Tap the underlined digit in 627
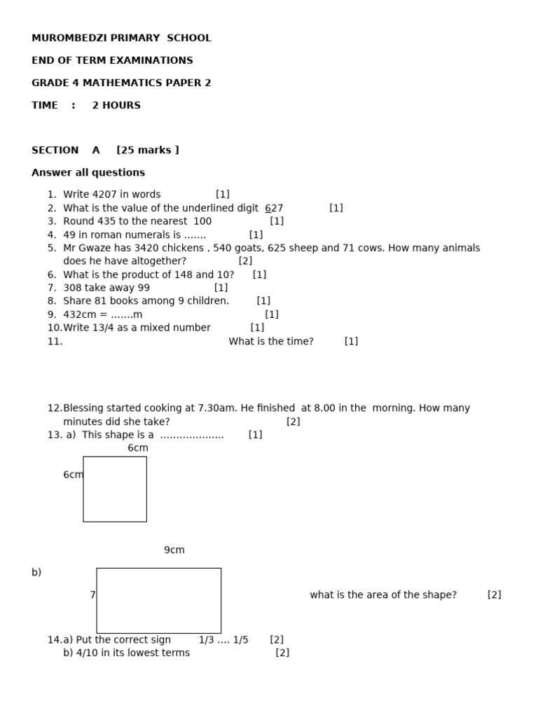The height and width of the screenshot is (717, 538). pos(268,208)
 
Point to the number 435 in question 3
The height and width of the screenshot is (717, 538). pos(106,221)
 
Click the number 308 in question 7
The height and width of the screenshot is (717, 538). pos(73,288)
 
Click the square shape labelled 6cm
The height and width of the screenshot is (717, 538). pos(115,489)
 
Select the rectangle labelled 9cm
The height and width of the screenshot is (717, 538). pos(158,600)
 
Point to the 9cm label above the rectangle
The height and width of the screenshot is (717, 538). pos(174,550)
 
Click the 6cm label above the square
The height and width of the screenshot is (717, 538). pos(138,448)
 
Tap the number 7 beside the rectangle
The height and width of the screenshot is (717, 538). pos(92,595)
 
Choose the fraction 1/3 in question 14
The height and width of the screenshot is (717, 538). pos(205,640)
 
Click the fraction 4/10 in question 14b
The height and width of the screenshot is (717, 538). pos(76,653)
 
